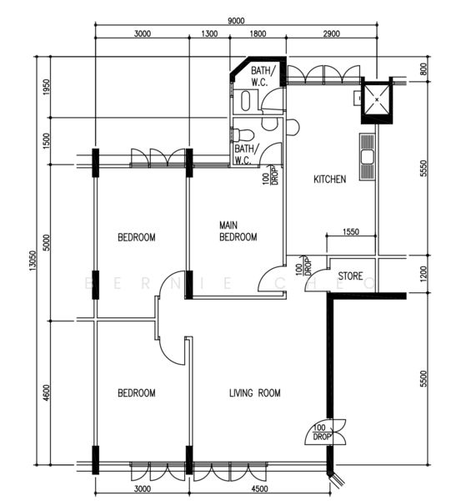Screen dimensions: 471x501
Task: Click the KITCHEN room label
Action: coord(330,180)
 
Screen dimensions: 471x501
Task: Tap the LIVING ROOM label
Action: coord(255,392)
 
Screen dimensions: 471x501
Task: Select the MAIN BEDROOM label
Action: coord(238,231)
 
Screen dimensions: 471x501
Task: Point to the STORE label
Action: coord(350,276)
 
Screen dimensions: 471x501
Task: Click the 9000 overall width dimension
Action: coord(236,21)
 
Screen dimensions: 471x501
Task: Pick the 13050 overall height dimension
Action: coord(33,261)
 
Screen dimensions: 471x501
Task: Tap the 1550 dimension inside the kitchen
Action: coord(351,231)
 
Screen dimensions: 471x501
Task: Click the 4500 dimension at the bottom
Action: coord(259,488)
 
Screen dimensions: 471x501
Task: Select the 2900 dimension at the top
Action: coord(331,33)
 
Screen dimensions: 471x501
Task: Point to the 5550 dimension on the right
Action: coord(423,168)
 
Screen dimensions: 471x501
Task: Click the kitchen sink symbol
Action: coord(368,157)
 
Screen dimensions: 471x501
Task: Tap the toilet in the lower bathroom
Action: coord(243,134)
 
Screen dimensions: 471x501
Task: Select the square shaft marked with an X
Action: coord(377,99)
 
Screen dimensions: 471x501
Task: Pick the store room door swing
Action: coord(314,275)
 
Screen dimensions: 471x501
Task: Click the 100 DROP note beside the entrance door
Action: coord(320,432)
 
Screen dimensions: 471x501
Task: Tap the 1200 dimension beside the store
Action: coord(423,274)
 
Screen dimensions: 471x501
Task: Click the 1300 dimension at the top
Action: coord(209,33)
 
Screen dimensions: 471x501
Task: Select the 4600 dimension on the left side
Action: coord(47,393)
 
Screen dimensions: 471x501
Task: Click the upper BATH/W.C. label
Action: coord(262,76)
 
